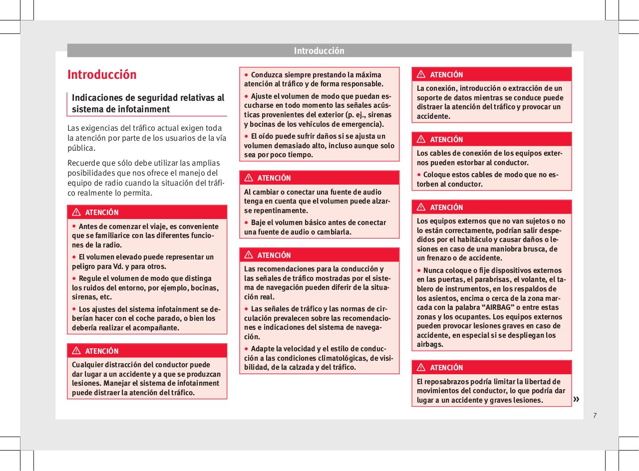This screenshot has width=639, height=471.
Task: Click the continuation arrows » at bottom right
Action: click(x=577, y=399)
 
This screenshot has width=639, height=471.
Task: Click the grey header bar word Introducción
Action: click(x=319, y=51)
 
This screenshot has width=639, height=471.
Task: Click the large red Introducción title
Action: click(x=102, y=75)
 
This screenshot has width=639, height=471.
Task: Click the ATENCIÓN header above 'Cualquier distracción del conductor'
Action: click(x=102, y=351)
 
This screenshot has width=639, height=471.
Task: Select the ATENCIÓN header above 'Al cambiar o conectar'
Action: click(x=274, y=178)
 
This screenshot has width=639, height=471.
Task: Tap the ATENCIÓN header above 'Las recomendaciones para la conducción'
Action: click(x=274, y=255)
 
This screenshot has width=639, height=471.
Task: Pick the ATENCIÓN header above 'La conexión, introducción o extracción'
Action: click(x=446, y=75)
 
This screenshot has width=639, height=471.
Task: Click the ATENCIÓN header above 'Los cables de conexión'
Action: click(x=446, y=140)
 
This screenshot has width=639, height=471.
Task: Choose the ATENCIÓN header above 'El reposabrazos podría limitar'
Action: click(x=446, y=368)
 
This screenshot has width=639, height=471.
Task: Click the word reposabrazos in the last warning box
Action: click(x=446, y=382)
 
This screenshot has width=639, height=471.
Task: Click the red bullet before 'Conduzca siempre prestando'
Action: click(x=247, y=75)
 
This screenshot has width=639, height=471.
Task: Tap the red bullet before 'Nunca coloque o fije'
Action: click(x=419, y=270)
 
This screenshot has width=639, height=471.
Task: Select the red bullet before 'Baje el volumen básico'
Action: click(x=247, y=222)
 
